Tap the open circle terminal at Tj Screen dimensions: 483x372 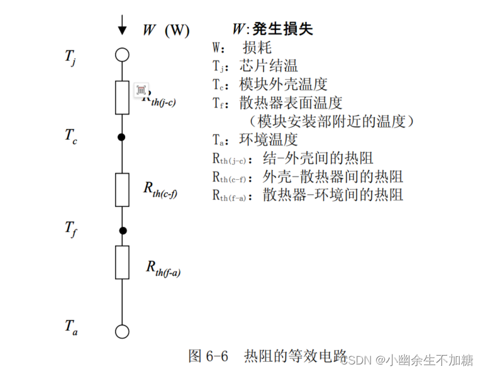pos(122,54)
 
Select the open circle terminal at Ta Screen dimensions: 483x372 pos(122,332)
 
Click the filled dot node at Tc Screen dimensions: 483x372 pos(122,136)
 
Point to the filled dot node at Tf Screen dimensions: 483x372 pos(123,230)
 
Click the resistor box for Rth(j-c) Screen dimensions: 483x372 pos(122,97)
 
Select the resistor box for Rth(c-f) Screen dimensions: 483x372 pos(122,189)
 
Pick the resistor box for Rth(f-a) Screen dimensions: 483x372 pos(122,262)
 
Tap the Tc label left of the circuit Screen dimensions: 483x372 pos(70,136)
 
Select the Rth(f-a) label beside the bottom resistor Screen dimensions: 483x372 pos(163,268)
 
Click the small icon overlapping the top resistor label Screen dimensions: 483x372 pos(142,90)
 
